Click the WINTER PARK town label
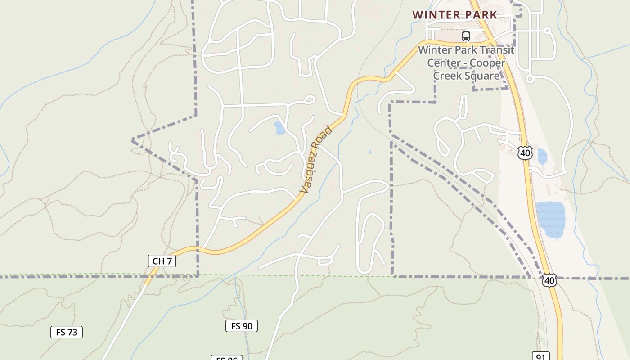tap(454, 15)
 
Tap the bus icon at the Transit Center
tap(466, 36)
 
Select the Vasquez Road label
tap(316, 160)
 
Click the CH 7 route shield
tap(162, 261)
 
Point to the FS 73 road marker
tap(67, 333)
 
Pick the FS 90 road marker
tap(242, 326)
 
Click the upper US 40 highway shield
tap(525, 153)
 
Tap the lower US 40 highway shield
tap(549, 280)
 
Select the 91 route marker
tap(540, 357)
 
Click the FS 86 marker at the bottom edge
tap(227, 358)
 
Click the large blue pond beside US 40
tap(550, 219)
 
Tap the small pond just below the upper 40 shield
tap(542, 157)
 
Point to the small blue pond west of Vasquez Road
tap(279, 127)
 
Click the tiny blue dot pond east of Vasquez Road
tap(370, 152)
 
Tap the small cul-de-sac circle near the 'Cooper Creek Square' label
tap(530, 79)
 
